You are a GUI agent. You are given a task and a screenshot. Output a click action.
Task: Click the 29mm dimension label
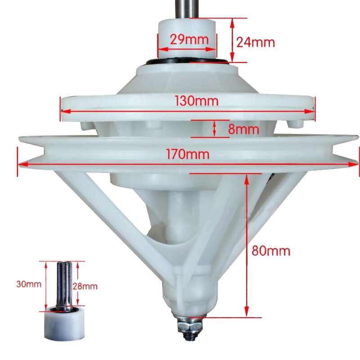click(x=189, y=40)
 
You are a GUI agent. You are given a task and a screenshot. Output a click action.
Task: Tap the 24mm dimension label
click(x=256, y=42)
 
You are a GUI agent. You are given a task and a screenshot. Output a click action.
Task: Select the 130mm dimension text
click(x=196, y=101)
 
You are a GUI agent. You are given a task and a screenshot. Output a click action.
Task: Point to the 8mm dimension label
click(x=243, y=129)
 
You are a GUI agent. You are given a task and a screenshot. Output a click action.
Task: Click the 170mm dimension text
click(x=188, y=154)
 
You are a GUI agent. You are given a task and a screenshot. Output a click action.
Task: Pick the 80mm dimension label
click(x=271, y=251)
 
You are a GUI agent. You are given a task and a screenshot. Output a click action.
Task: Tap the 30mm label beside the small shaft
click(x=29, y=284)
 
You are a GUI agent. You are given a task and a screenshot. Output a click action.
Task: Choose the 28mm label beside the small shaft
click(x=85, y=286)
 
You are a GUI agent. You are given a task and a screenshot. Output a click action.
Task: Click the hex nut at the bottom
click(x=189, y=327)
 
